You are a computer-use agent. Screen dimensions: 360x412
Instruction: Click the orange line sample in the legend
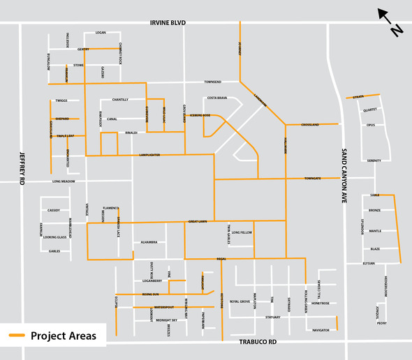point(17,336)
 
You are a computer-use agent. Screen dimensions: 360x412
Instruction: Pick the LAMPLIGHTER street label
point(149,154)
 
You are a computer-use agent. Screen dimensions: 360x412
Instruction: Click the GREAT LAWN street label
point(198,221)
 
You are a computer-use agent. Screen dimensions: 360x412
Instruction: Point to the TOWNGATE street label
point(312,179)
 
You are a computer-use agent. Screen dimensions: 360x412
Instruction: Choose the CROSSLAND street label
point(310,125)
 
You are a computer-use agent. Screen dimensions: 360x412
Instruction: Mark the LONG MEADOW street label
point(64,181)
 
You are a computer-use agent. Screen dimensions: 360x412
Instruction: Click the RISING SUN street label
point(151,294)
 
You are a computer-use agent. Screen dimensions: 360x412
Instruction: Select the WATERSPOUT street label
point(163,307)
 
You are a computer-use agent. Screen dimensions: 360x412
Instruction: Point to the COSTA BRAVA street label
point(216,98)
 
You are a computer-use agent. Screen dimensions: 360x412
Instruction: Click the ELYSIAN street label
point(369,264)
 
